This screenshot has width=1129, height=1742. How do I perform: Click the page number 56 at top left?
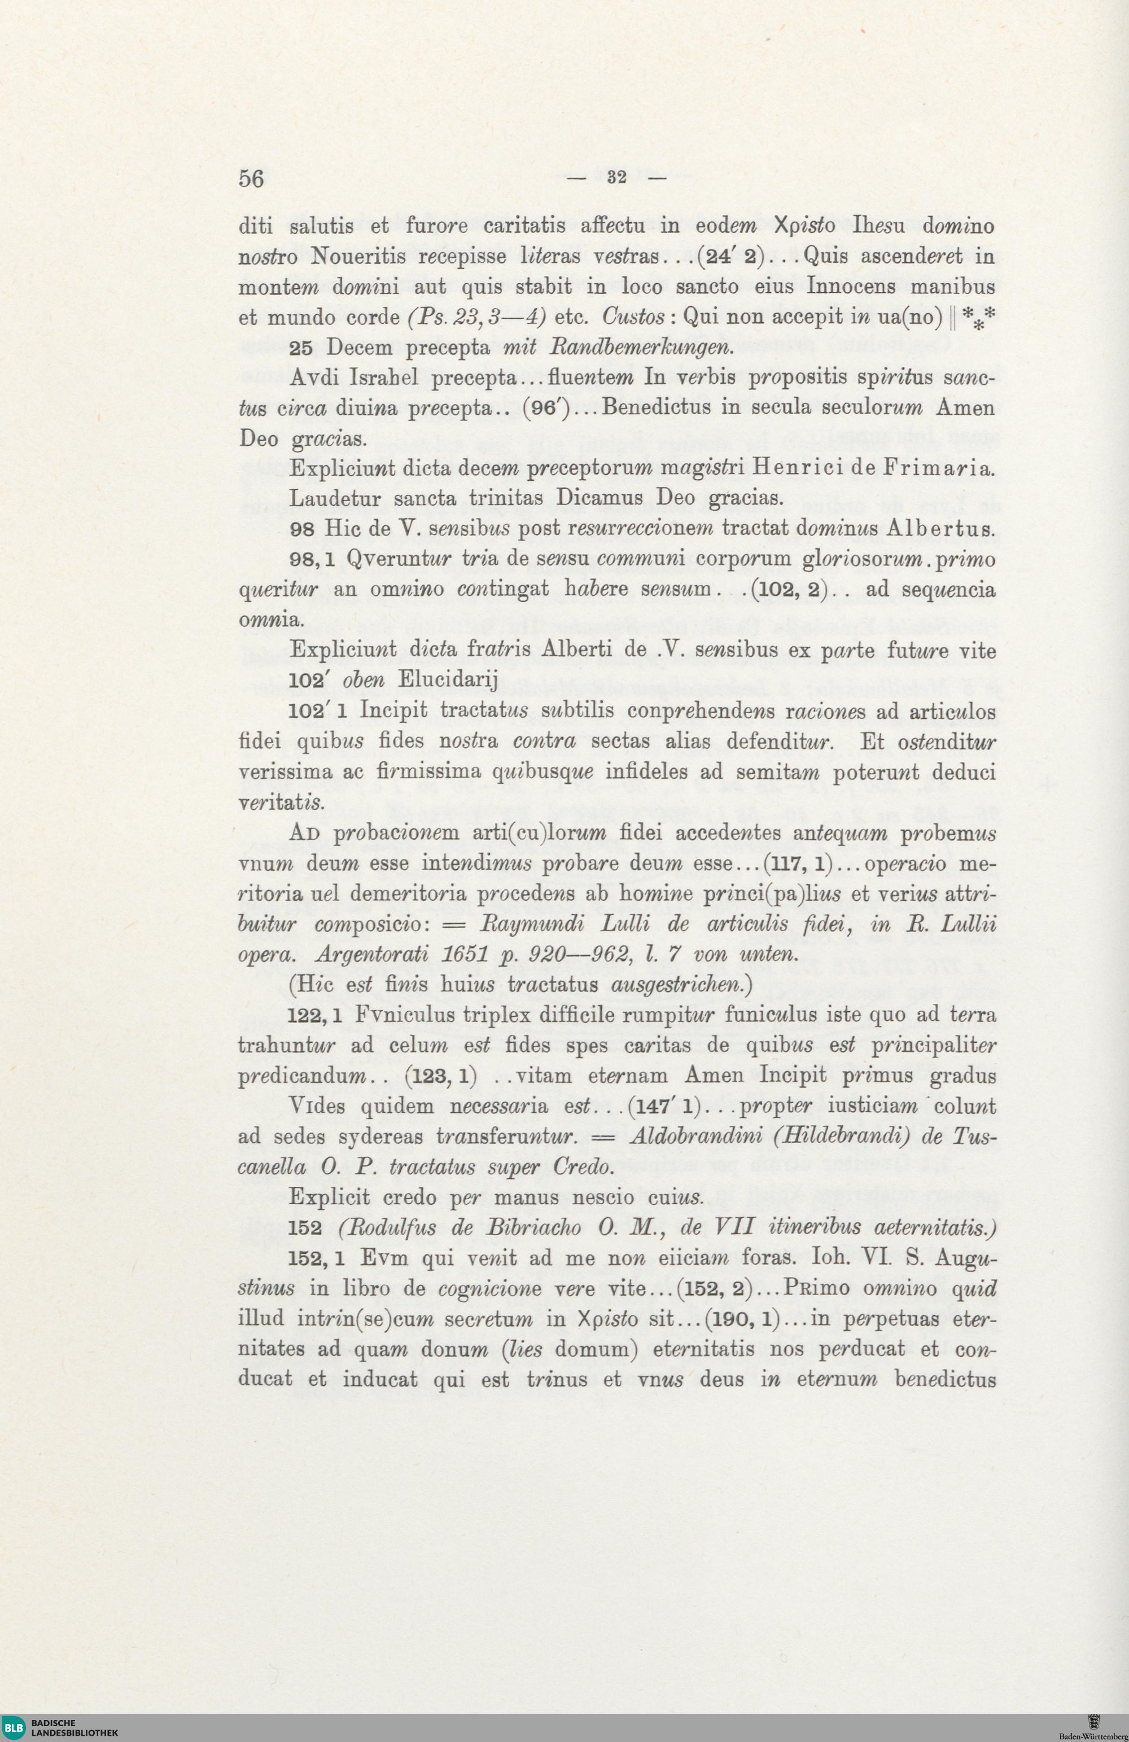(251, 178)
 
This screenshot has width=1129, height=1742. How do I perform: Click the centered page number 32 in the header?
(616, 177)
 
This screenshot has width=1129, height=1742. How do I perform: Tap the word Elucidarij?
(447, 680)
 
